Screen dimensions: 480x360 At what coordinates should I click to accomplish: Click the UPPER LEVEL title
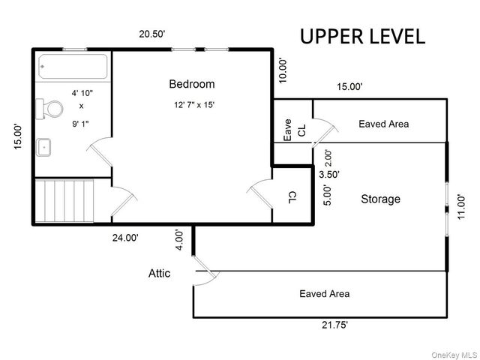coord(362,37)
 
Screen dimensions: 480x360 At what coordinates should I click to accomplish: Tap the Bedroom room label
coord(192,84)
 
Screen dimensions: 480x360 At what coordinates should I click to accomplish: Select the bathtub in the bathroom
coord(73,67)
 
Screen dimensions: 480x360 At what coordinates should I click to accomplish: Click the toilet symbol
coord(49,109)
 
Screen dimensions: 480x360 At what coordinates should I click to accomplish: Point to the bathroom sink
coord(43,148)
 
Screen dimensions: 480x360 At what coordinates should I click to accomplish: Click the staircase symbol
coord(64,201)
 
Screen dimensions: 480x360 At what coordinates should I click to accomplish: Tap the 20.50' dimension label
coord(152,34)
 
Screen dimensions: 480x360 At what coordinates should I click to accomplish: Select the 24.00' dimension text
coord(125,238)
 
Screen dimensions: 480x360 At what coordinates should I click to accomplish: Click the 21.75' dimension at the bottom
coord(334,325)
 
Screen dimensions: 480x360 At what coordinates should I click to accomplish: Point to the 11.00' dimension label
coord(461,207)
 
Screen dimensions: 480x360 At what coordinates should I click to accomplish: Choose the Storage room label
coord(380,199)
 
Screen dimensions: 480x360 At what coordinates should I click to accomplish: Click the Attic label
coord(159,273)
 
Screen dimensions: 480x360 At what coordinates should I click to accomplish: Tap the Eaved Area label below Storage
coord(325,294)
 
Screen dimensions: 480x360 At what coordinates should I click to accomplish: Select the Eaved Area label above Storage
coord(383,124)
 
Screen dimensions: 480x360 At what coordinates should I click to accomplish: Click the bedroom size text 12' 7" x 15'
coord(194,105)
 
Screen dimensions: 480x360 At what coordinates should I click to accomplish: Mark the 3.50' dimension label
coord(329,175)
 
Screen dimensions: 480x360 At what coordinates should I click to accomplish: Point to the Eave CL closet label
coord(294,130)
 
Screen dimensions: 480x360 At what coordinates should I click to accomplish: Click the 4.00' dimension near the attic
coord(179,240)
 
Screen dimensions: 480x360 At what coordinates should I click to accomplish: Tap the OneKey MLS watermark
coord(454,355)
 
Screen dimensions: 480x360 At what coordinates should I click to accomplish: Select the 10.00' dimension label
coord(283,70)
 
